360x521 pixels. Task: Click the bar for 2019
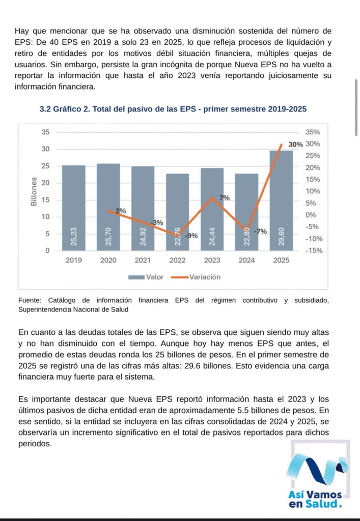pyautogui.click(x=73, y=208)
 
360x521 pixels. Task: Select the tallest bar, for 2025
pyautogui.click(x=281, y=200)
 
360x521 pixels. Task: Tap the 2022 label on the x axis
pyautogui.click(x=178, y=260)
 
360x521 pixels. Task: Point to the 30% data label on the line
pyautogui.click(x=295, y=144)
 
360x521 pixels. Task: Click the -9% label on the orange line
pyautogui.click(x=191, y=236)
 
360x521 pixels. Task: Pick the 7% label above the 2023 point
pyautogui.click(x=225, y=198)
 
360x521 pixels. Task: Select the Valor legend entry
pyautogui.click(x=146, y=277)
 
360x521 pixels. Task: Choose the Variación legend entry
pyautogui.click(x=196, y=277)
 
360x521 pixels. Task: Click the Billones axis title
pyautogui.click(x=34, y=191)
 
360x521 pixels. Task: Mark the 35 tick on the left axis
pyautogui.click(x=45, y=132)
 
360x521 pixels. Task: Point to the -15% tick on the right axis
pyautogui.click(x=314, y=250)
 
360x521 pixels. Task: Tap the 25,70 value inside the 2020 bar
pyautogui.click(x=108, y=237)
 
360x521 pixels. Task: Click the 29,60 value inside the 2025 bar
pyautogui.click(x=281, y=237)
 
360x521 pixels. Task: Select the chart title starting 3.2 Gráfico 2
pyautogui.click(x=173, y=109)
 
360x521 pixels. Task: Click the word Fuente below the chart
pyautogui.click(x=29, y=300)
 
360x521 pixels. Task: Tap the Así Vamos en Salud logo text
pyautogui.click(x=315, y=499)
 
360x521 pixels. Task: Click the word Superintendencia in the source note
pyautogui.click(x=45, y=310)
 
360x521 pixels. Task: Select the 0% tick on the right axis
pyautogui.click(x=311, y=215)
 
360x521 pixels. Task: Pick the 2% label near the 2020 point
pyautogui.click(x=121, y=211)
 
